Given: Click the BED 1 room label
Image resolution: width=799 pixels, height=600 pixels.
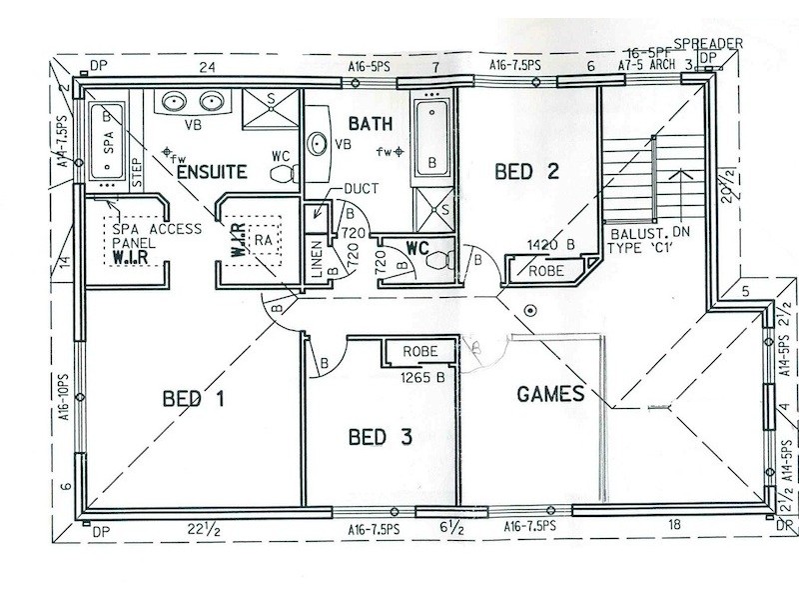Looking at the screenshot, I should click(193, 400).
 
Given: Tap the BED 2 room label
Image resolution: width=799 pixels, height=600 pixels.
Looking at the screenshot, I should click(526, 171).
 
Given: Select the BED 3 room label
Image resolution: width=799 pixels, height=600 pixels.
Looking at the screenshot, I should click(380, 437).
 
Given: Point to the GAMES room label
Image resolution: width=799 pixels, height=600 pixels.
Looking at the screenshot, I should click(550, 394).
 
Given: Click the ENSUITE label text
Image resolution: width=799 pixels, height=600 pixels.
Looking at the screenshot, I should click(211, 173).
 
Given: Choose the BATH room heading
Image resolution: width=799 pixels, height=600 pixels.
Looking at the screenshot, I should click(370, 124).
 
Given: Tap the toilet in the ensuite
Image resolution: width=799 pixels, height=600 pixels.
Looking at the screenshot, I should click(284, 173).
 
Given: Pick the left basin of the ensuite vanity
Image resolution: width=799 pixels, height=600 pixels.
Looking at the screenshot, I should click(173, 101).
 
